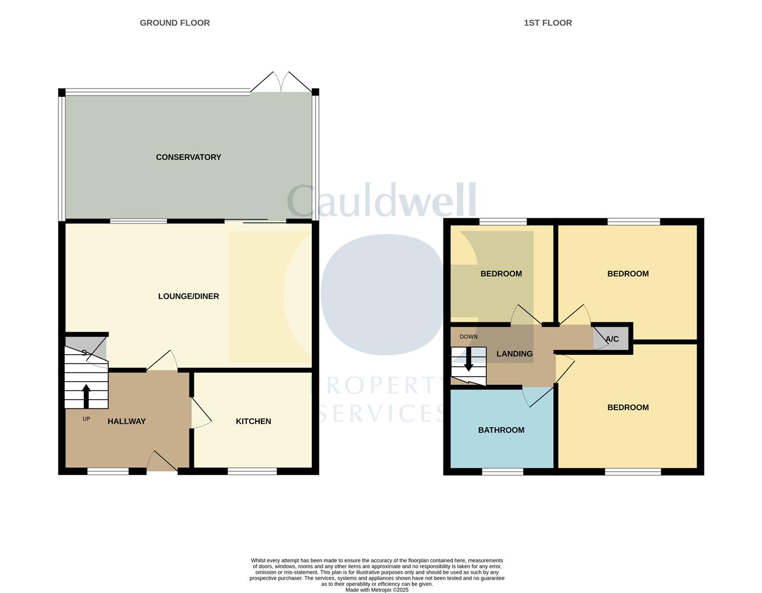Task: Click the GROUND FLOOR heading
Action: coord(175,23)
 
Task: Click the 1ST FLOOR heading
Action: coord(547,23)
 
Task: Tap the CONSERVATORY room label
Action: coord(188,157)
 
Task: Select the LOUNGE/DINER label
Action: coord(188,296)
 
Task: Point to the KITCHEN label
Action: coord(253,421)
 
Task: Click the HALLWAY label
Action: coord(126,421)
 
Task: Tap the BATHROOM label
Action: coord(501,430)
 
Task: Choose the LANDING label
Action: coord(514,354)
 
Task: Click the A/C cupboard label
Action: coord(612,339)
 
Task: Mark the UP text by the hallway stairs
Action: coord(86,419)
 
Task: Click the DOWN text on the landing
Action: coord(468,337)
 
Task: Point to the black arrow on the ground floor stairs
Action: coord(86,395)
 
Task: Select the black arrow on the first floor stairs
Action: coord(468,362)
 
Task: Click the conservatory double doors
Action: coord(281,82)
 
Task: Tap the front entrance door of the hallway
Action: coord(163,462)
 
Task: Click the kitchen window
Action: coord(252,471)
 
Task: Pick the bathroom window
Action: coord(502,471)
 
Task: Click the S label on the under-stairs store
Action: coord(84,353)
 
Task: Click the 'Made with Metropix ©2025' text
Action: coord(377,590)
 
